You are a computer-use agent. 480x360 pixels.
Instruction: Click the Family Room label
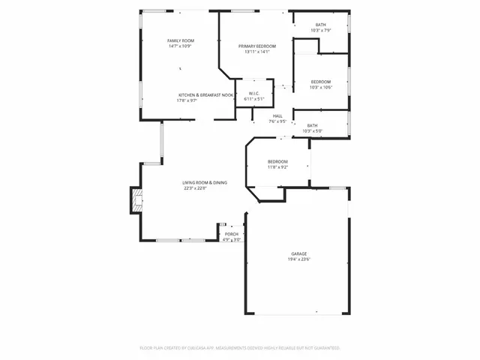(181, 40)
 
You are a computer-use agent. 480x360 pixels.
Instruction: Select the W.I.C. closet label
(254, 93)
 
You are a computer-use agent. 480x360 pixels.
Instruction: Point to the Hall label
(277, 115)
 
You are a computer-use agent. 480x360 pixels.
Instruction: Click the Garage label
(299, 254)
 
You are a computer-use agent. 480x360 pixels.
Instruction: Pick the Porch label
(232, 234)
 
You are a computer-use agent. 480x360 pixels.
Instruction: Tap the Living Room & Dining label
(205, 182)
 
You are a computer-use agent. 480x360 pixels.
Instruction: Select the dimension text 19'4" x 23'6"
(299, 259)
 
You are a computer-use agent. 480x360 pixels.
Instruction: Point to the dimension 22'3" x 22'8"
(195, 188)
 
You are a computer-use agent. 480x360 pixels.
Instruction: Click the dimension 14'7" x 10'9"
(181, 46)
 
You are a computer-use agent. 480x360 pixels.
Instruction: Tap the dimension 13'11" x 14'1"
(256, 52)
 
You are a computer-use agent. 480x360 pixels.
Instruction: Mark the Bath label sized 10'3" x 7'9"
(320, 25)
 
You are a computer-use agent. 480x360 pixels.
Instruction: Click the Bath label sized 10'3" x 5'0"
(312, 125)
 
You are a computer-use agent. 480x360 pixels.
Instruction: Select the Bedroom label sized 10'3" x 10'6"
(320, 82)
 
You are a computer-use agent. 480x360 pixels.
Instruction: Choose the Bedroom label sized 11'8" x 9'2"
(277, 162)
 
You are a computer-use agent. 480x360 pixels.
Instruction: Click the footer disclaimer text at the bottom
(240, 348)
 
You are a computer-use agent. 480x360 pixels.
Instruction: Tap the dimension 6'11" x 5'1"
(254, 99)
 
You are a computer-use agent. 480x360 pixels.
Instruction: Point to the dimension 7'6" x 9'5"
(277, 121)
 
